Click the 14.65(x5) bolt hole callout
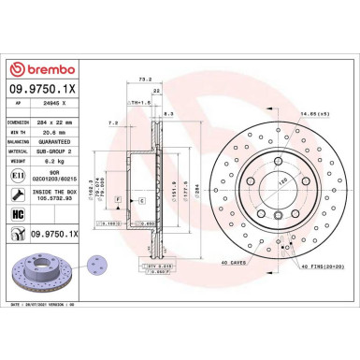312,113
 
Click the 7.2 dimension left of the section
113,122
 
